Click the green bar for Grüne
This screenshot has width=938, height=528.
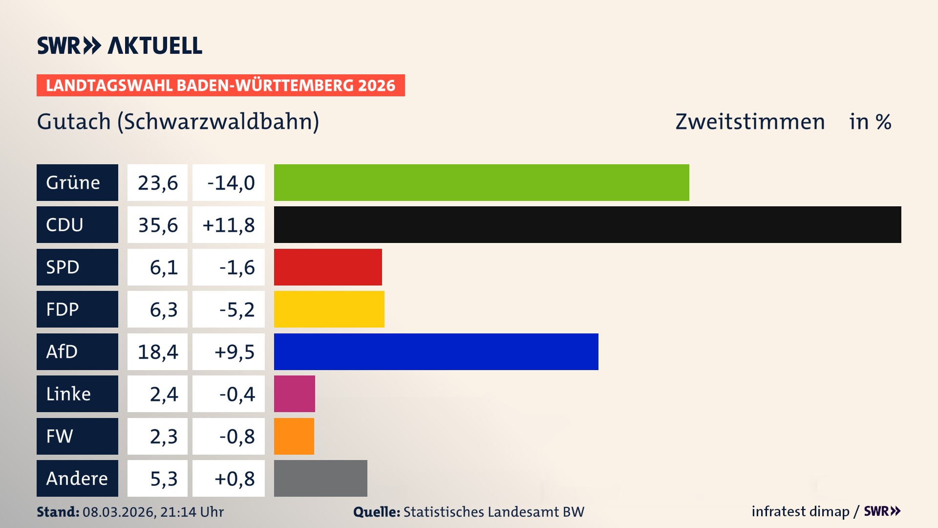481,182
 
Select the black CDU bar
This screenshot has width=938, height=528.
587,224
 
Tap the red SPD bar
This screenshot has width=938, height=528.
328,267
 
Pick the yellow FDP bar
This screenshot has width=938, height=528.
329,309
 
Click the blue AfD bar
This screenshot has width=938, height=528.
436,352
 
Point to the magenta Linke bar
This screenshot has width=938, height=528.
294,394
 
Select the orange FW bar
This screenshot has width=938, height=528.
294,436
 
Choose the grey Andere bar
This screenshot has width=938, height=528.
320,478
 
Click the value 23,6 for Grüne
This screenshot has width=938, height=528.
157,182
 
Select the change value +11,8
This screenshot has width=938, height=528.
228,224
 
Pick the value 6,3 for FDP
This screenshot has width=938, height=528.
163,309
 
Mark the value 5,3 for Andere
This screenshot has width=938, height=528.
163,478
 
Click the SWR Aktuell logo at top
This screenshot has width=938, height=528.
119,45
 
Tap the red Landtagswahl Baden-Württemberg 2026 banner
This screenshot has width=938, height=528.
220,85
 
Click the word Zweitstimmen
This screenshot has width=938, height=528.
750,121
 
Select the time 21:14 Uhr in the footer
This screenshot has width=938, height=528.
192,512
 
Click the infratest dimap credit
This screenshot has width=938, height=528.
800,511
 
